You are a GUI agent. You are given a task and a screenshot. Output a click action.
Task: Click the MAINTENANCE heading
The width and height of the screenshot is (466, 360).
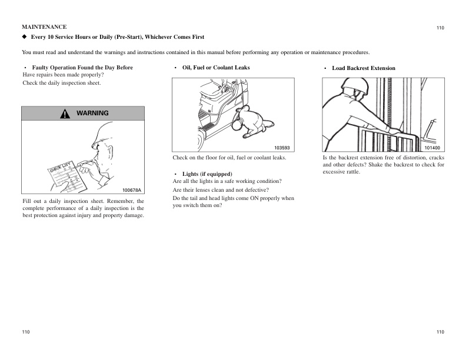coord(44,27)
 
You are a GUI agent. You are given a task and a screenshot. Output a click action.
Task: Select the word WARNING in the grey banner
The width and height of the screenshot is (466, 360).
coord(92,113)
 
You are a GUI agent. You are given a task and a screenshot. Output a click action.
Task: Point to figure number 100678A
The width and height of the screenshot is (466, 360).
coord(132,190)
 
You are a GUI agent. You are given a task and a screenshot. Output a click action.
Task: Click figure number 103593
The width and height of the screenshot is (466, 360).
coord(282,148)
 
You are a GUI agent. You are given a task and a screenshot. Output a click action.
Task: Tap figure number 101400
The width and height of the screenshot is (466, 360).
coord(432,148)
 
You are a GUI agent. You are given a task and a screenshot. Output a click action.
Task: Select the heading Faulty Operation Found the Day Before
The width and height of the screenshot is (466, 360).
coord(82,68)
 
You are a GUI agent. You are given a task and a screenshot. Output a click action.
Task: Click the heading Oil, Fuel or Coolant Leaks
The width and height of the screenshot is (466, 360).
coord(216,68)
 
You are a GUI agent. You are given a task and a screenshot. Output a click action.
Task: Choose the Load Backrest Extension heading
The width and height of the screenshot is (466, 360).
coord(364,68)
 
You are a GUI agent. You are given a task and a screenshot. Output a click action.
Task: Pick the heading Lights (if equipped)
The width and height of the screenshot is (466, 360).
coord(207,174)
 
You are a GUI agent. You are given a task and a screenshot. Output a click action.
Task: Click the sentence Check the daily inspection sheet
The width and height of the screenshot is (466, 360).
coord(62,83)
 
